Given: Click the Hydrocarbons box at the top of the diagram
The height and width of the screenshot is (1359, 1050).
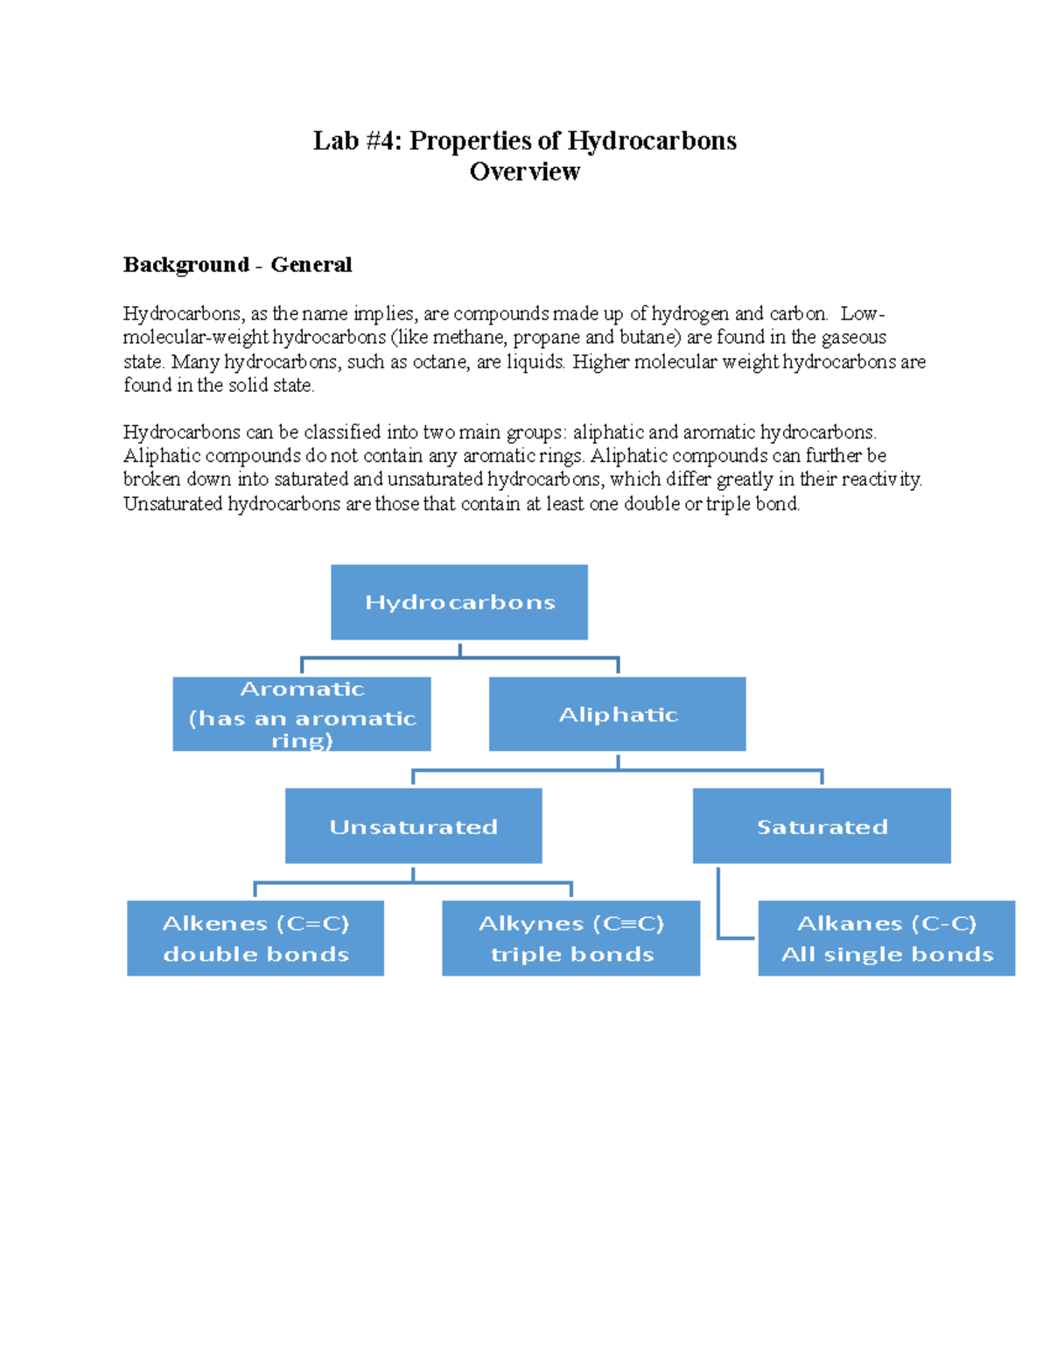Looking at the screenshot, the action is (459, 602).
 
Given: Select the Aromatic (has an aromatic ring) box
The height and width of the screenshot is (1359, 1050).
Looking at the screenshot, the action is (301, 713).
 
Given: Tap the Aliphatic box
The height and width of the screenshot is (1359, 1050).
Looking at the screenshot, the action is (617, 713).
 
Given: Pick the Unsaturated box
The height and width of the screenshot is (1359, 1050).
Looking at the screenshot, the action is (413, 825).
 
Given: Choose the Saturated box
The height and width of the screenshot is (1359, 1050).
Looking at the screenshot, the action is (822, 825).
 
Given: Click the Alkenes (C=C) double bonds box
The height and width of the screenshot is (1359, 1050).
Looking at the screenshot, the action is (255, 938).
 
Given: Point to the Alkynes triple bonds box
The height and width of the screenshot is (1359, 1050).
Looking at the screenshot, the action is (571, 938).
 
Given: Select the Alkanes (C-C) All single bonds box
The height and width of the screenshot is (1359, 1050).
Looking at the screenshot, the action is (886, 938).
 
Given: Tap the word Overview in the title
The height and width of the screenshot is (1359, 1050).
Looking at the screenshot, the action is (525, 172).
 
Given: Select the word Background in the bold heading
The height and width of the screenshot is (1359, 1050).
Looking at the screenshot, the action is (186, 265).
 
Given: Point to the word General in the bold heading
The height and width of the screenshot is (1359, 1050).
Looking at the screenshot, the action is (311, 264).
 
